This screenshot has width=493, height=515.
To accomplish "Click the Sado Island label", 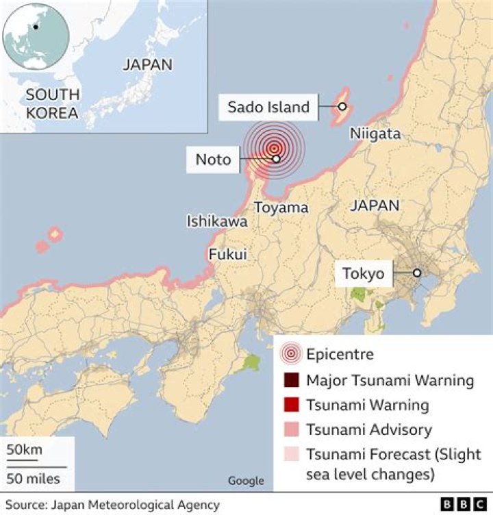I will (x=268, y=107).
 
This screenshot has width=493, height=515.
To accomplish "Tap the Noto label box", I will (x=213, y=160).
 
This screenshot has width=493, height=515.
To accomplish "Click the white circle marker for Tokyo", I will (x=416, y=273).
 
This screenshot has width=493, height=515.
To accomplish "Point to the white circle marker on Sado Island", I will (x=342, y=107).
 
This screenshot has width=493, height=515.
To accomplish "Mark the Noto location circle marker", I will (x=276, y=159).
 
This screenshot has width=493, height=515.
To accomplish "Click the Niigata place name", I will (x=375, y=134).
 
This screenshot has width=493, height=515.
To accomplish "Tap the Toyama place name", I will (x=281, y=208).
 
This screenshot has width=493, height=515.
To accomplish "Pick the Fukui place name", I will (x=227, y=254).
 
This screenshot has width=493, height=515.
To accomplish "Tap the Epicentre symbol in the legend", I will (x=292, y=354).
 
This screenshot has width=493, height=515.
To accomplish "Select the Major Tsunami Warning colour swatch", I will (x=292, y=380).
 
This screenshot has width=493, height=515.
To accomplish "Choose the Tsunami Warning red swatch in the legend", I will (x=292, y=405).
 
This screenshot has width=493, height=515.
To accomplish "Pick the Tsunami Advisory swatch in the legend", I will (x=292, y=430).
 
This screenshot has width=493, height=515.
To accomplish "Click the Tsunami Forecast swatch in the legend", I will (x=292, y=455).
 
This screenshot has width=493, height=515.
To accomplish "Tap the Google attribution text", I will (x=246, y=481).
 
